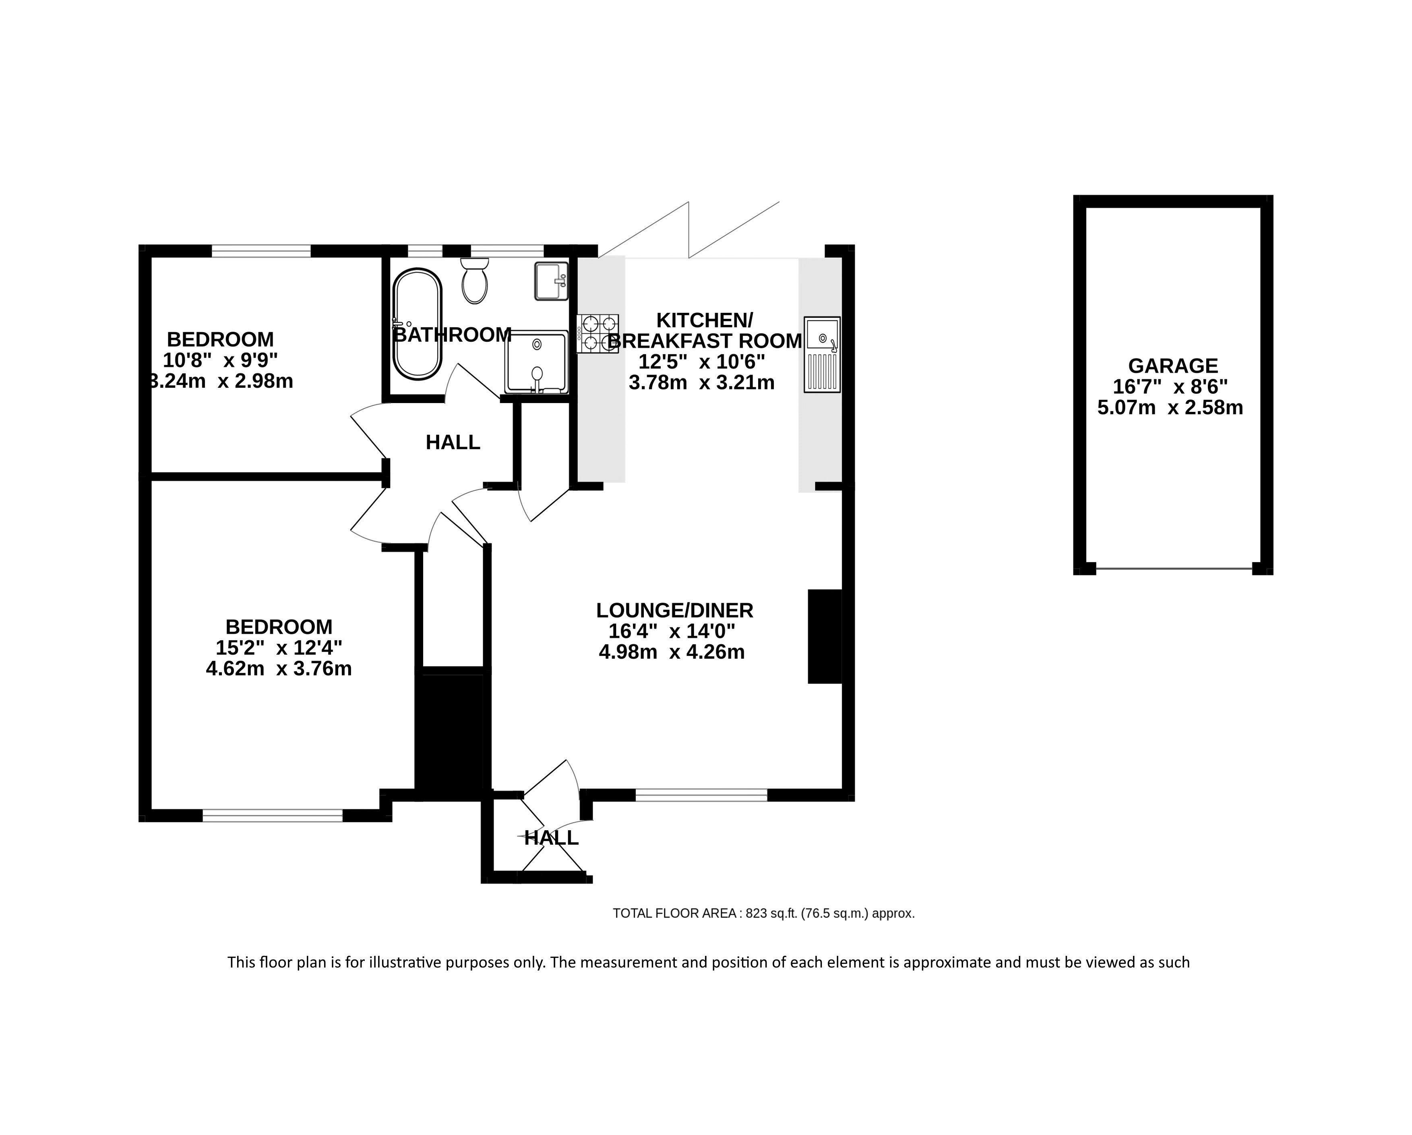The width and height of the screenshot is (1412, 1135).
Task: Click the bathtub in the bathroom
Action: pos(417,324)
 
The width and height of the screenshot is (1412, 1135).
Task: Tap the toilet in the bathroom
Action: pos(475,280)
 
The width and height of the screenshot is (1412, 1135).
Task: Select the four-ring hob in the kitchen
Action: pos(597,334)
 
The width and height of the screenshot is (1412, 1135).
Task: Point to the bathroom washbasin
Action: pos(551,281)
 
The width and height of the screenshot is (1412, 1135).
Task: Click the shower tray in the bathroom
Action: pos(536,362)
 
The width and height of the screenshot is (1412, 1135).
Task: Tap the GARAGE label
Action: pos(1173,366)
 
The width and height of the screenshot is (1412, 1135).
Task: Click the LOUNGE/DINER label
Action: pos(674,610)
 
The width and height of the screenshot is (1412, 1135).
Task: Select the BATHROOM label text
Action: pos(452,335)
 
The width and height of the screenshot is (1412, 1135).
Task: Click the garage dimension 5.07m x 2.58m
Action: pos(1170,407)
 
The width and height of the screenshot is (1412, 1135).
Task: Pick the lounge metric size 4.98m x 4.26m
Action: pos(672,652)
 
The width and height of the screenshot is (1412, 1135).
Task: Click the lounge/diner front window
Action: pos(701,795)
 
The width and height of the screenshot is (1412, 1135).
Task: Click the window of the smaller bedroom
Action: pos(260,251)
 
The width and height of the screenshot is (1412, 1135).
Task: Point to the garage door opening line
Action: pos(1174,569)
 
